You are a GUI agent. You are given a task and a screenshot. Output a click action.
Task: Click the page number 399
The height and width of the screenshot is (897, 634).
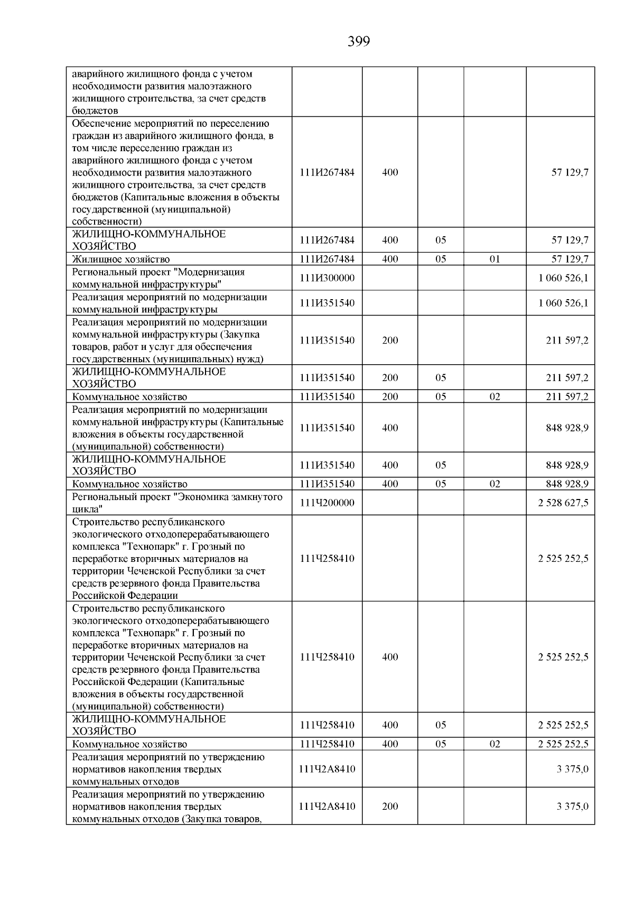359,41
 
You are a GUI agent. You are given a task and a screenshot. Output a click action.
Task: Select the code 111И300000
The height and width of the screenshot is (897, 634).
327,278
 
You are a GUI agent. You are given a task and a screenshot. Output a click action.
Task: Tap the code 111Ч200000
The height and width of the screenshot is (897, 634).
327,503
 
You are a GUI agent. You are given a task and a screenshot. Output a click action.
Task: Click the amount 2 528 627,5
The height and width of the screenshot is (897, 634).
563,503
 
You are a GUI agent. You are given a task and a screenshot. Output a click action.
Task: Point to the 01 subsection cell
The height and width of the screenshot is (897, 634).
495,259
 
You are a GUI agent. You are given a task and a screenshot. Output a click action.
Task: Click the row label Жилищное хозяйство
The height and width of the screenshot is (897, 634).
121,259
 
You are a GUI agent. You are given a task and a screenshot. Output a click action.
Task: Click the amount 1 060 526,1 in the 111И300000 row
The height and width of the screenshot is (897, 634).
563,278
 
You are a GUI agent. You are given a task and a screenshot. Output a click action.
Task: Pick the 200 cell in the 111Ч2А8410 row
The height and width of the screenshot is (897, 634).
390,806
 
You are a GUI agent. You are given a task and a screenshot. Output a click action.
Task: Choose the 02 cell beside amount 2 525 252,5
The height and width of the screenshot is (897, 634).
495,744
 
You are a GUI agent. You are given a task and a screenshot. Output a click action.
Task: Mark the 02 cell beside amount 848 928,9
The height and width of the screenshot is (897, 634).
495,484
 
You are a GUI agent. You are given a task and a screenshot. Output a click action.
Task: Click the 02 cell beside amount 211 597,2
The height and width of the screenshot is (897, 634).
495,396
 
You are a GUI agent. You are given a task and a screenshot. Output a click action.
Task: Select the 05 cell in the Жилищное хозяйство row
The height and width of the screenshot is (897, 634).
441,259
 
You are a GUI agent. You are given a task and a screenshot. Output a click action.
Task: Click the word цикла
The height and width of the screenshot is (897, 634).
86,510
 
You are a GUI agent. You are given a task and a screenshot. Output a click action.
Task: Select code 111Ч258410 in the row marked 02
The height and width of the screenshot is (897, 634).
327,744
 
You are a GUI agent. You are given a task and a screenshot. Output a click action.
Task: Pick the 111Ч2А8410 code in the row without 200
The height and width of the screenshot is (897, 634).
327,769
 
